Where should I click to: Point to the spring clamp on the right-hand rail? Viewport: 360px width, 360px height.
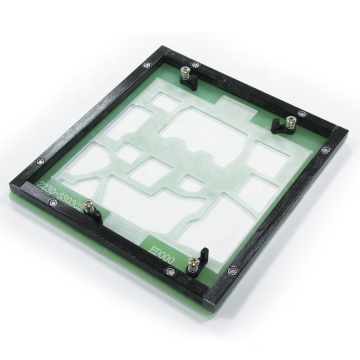click(x=288, y=124)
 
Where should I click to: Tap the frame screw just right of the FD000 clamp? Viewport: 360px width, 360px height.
click(x=232, y=267)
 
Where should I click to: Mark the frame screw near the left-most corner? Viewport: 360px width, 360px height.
click(x=40, y=157)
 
